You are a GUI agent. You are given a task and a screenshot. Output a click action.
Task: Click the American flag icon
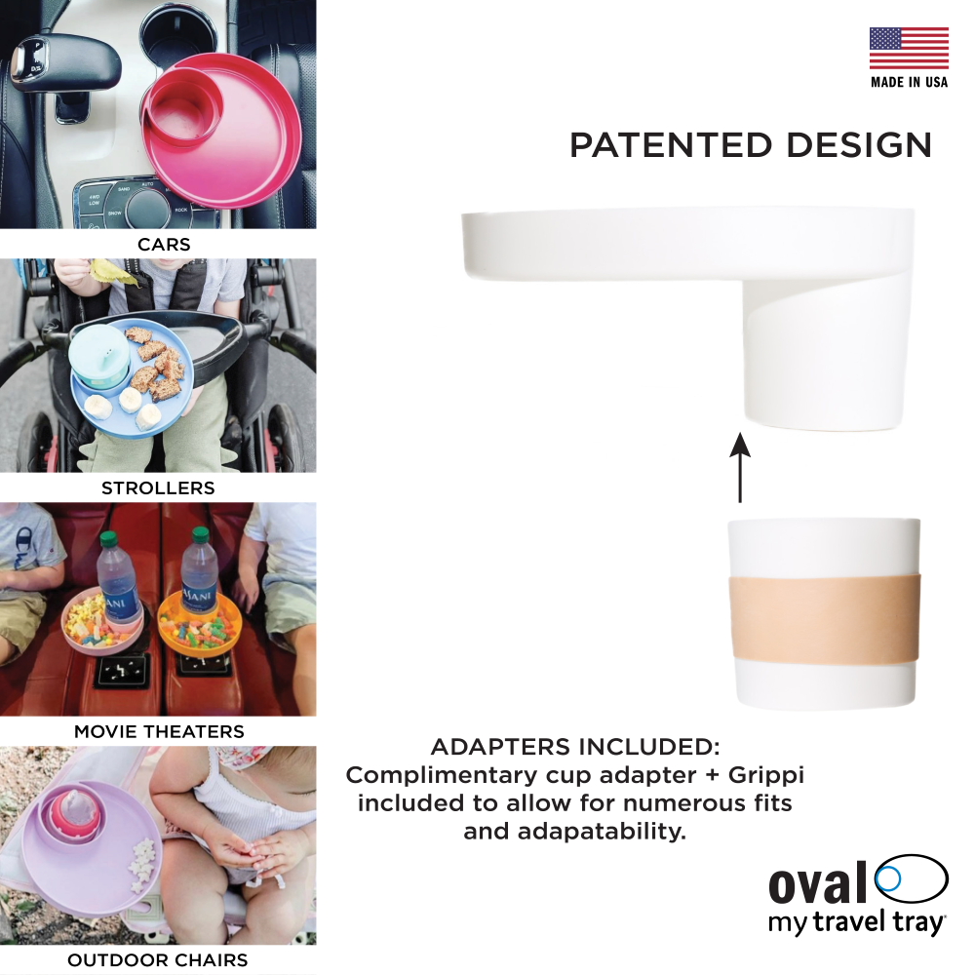(x=909, y=48)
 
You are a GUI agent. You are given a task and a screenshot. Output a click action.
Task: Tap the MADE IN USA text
(x=909, y=82)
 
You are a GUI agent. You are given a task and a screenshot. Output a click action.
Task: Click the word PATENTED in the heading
(x=671, y=145)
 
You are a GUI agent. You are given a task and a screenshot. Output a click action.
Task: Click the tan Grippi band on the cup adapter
(x=824, y=619)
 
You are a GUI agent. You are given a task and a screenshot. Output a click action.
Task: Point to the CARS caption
(x=164, y=245)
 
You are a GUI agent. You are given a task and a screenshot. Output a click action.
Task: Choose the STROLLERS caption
(x=158, y=488)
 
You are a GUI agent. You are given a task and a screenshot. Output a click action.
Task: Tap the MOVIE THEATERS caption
(x=159, y=731)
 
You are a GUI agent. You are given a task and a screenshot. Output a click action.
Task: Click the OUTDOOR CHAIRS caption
(x=157, y=960)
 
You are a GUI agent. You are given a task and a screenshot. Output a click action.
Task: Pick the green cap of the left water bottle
(x=109, y=538)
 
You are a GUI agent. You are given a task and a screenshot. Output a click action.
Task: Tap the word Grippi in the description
(x=766, y=775)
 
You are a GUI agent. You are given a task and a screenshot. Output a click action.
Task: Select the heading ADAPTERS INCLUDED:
(x=575, y=747)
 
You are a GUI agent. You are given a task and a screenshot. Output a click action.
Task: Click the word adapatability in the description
(x=603, y=832)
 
